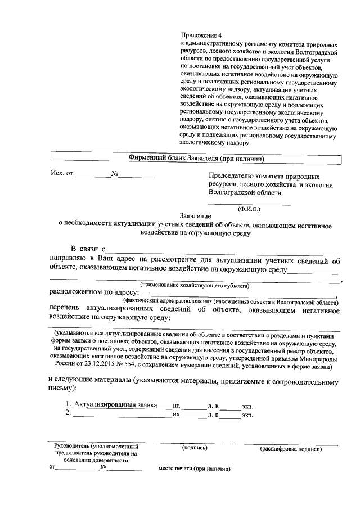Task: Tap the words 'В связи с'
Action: pos(87,249)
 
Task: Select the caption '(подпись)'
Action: pos(195,448)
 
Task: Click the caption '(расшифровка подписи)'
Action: pos(291,449)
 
